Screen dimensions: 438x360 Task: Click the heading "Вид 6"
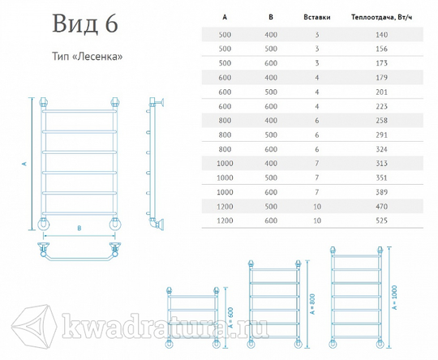click(x=85, y=24)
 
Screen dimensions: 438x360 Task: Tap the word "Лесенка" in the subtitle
click(x=100, y=57)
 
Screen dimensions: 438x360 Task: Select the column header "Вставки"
click(x=317, y=17)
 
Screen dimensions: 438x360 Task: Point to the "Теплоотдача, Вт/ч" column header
click(x=381, y=17)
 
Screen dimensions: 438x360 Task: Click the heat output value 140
click(x=381, y=35)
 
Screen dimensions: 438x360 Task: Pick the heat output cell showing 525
click(x=381, y=221)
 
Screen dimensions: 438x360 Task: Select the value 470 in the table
click(x=381, y=207)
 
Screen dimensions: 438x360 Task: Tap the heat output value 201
click(x=381, y=92)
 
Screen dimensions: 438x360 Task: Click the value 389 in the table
click(x=381, y=192)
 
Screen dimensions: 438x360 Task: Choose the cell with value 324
click(x=381, y=149)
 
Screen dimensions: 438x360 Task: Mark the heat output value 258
click(x=381, y=120)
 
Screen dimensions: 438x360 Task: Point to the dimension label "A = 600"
click(x=230, y=318)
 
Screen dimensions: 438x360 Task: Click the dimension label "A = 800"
click(x=312, y=304)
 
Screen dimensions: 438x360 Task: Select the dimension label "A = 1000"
click(x=394, y=297)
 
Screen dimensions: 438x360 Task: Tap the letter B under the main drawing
click(x=79, y=228)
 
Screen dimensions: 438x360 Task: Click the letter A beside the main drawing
click(x=24, y=164)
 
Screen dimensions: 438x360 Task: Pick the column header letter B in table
click(x=271, y=17)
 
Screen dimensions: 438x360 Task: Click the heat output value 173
click(x=381, y=63)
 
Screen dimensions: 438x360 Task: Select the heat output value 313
click(x=381, y=164)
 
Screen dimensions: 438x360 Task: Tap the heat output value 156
click(x=381, y=49)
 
